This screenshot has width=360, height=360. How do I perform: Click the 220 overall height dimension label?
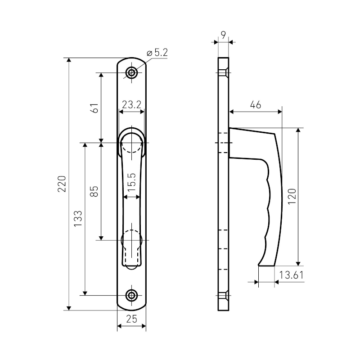pos(63,184)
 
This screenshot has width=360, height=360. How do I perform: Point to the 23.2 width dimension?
pos(131,105)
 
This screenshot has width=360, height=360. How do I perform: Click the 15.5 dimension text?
pos(131,182)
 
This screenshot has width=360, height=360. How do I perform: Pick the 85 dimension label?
pos(94,191)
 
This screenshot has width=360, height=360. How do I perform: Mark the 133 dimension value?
pos(78,219)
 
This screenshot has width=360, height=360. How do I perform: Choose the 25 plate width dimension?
pos(131,320)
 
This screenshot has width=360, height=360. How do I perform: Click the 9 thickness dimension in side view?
pos(223,34)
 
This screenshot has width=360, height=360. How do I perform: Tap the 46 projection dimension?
pos(255,105)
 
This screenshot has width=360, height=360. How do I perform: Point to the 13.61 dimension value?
pos(291,275)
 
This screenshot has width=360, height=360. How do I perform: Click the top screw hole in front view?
pos(131,72)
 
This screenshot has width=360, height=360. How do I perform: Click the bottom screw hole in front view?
pos(131,295)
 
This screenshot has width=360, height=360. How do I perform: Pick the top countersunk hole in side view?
pos(223,72)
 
